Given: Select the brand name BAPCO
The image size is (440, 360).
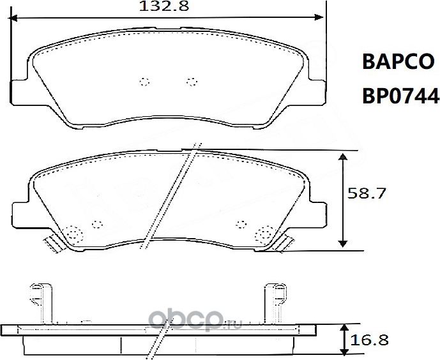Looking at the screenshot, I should click(x=398, y=62).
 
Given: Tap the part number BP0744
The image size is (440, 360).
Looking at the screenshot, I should click(x=400, y=96).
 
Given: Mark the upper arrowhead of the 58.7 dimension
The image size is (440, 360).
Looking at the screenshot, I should click(x=344, y=157).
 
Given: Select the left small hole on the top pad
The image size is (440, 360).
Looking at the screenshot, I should click(x=143, y=81).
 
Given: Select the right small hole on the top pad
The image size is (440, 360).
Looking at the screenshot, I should click(x=190, y=80).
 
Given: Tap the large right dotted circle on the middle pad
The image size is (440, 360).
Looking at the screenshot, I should click(x=262, y=234).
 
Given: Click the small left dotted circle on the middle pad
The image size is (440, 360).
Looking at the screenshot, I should click(x=97, y=224).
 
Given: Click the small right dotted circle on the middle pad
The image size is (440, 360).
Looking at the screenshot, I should click(x=240, y=223).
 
